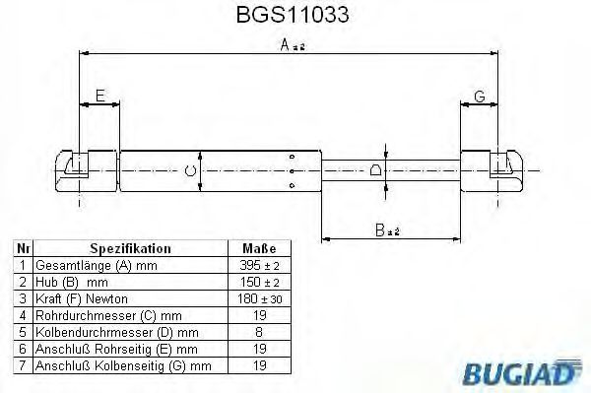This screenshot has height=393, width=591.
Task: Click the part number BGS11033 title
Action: click(x=293, y=16)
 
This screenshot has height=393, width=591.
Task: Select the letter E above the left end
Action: click(x=98, y=95)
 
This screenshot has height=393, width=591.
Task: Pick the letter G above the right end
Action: click(x=480, y=95)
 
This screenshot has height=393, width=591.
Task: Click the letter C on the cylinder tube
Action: click(x=191, y=170)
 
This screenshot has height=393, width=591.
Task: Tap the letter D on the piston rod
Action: click(x=375, y=170)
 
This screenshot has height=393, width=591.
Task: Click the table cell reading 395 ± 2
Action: click(x=258, y=266)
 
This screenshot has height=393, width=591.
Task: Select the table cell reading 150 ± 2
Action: click(x=258, y=282)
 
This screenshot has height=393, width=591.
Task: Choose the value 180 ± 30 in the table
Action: click(x=258, y=297)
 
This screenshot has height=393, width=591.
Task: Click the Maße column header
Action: click(x=258, y=249)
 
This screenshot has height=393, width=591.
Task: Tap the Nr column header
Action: click(x=22, y=249)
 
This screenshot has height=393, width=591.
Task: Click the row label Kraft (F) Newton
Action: click(x=82, y=297)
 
